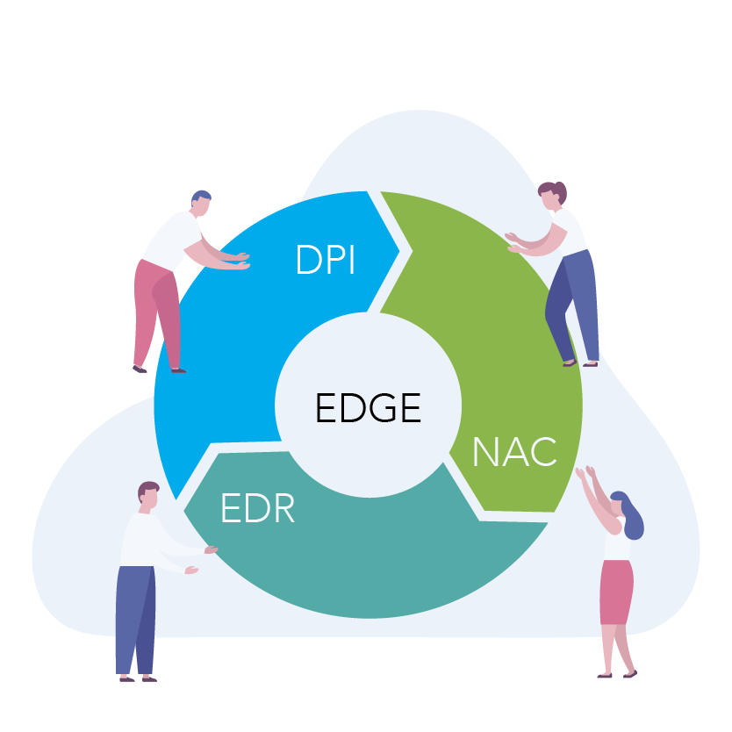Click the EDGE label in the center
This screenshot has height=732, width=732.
[x=368, y=408]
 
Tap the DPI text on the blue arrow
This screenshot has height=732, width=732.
[x=326, y=260]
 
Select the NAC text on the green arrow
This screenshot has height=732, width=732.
[x=514, y=451]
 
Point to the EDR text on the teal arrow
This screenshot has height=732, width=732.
[x=257, y=509]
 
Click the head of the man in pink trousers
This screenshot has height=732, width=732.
[x=201, y=205]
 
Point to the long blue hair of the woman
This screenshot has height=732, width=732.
[x=631, y=518]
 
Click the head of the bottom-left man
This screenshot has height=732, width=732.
[x=148, y=496]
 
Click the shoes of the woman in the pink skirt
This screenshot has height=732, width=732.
[x=617, y=673]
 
